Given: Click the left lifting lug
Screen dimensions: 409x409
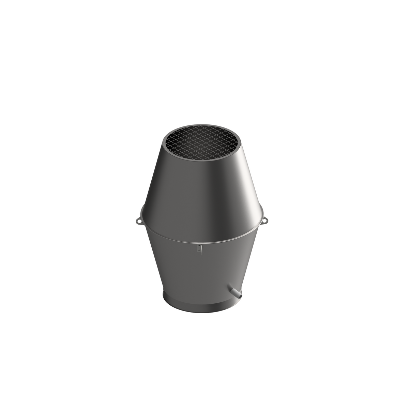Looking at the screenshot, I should tap(138, 221).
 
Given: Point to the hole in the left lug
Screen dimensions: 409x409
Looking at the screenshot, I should tap(138, 222).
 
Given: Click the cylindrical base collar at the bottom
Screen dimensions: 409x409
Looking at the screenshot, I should tap(201, 305).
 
